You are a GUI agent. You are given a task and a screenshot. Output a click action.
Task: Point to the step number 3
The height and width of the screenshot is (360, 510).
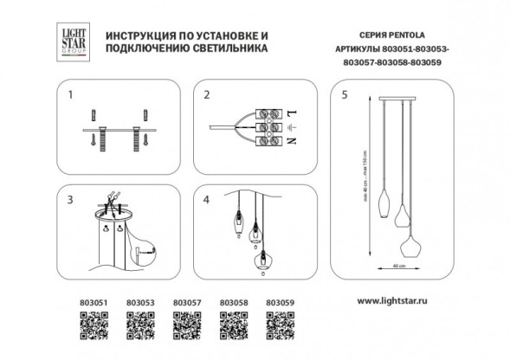point(73,199)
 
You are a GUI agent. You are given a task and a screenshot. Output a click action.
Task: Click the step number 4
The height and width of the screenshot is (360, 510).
point(206,199)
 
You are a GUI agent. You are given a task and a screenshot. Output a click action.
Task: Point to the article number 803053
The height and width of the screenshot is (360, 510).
point(139,302)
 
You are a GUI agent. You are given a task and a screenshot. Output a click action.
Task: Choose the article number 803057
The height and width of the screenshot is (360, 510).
point(187,302)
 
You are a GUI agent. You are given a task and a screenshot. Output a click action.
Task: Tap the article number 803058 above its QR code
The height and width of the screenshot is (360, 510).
point(234,302)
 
